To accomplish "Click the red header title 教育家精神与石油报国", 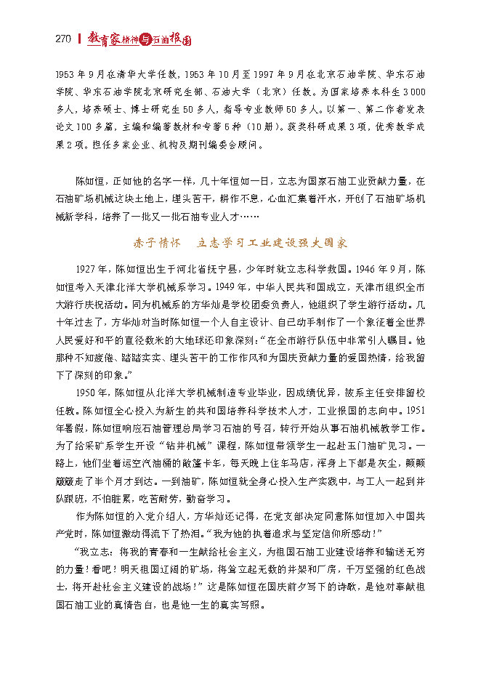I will [139, 40].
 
